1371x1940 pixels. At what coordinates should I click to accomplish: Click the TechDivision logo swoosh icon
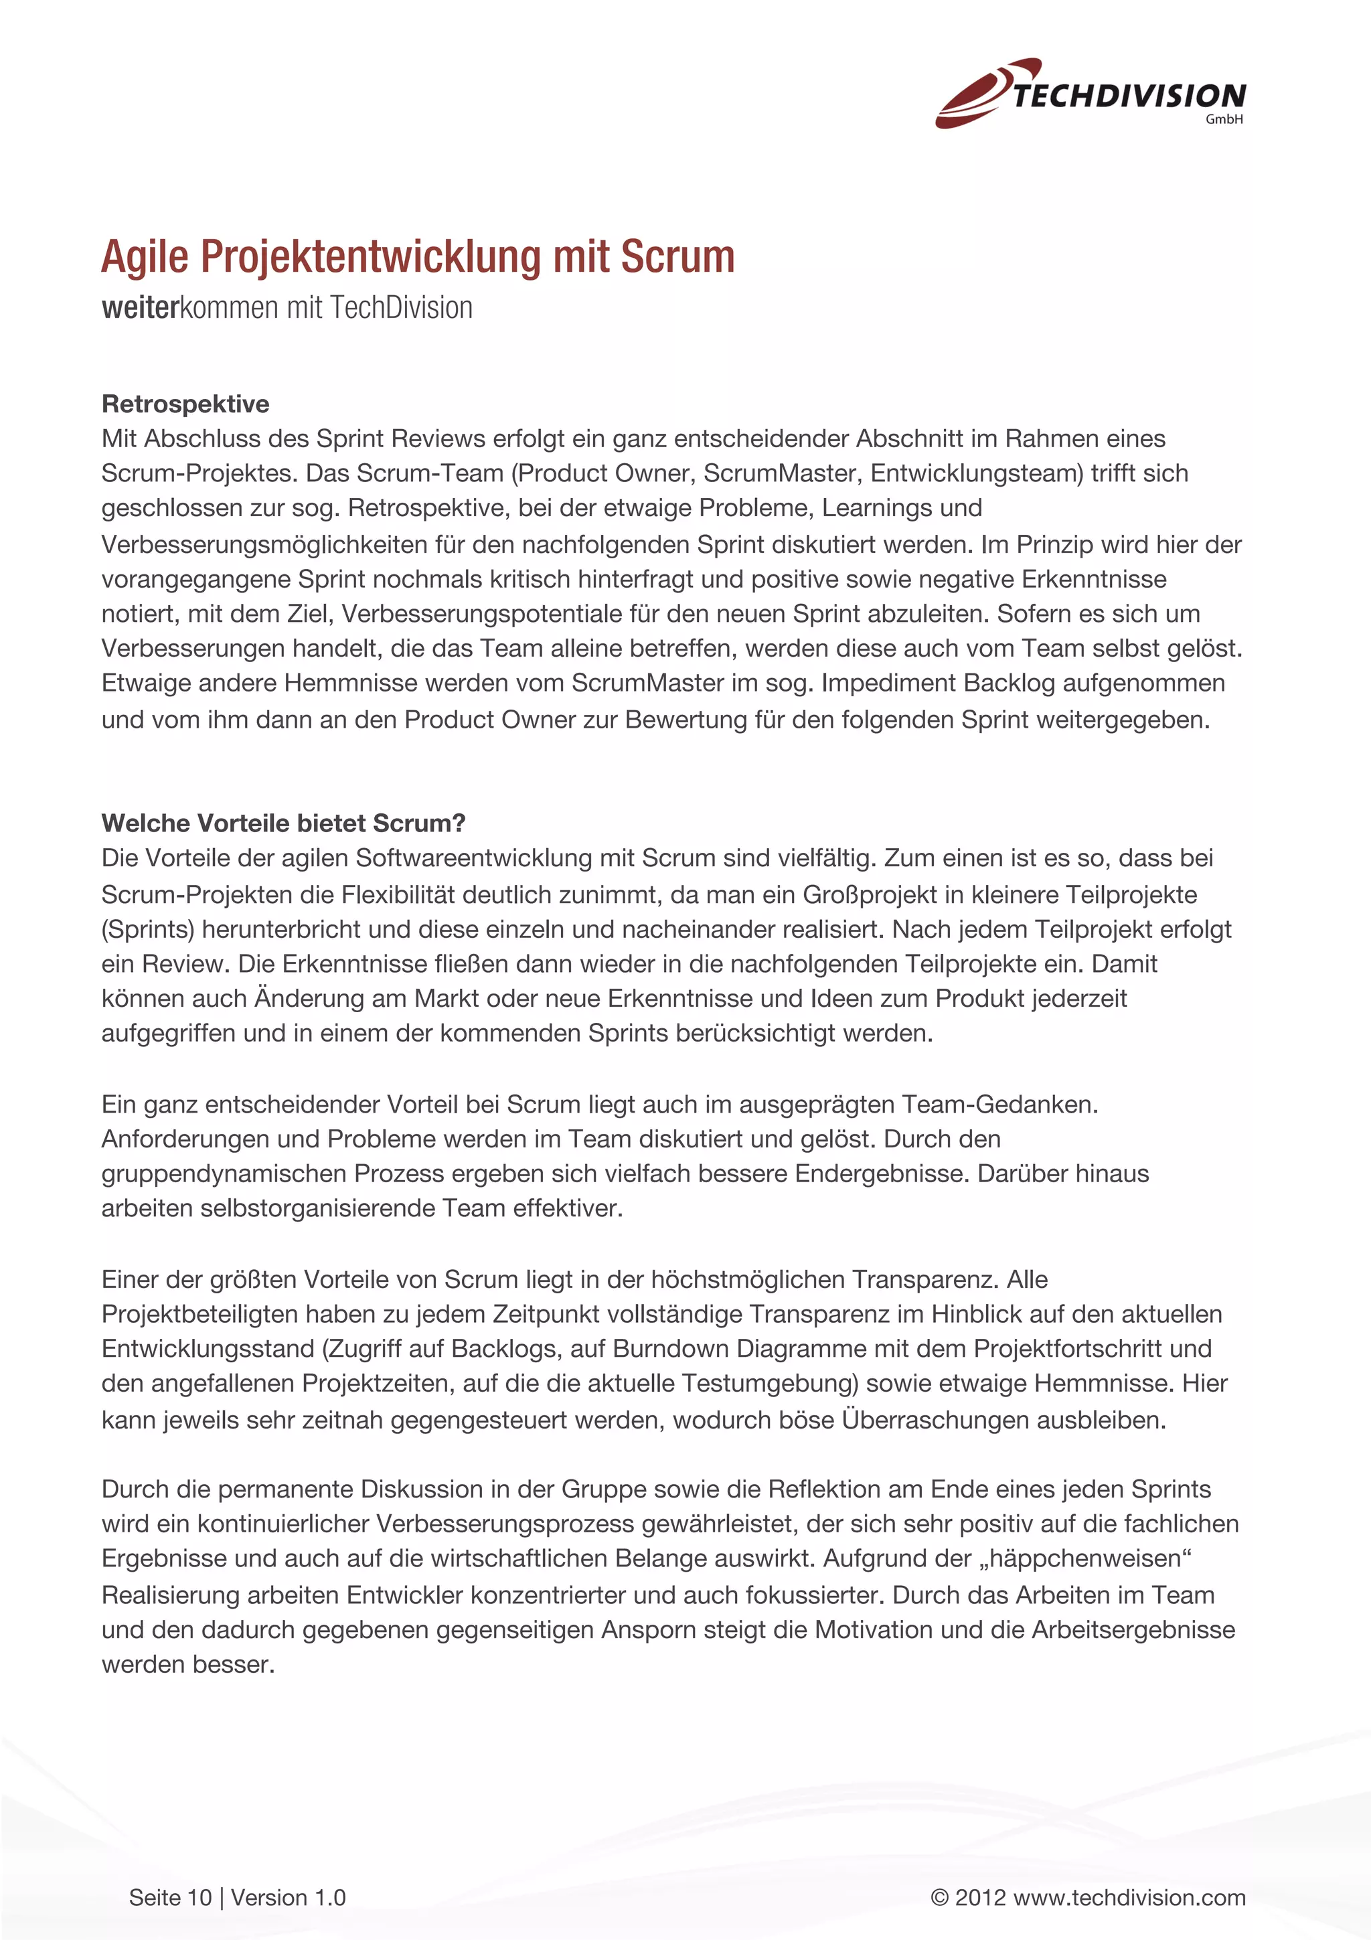(x=980, y=94)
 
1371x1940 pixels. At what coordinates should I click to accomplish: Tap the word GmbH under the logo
(x=1223, y=120)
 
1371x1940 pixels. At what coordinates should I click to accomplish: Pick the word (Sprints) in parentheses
(x=148, y=928)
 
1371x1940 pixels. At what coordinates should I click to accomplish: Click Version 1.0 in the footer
(x=288, y=1898)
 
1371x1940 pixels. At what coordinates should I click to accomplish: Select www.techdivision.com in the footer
(x=1129, y=1898)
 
